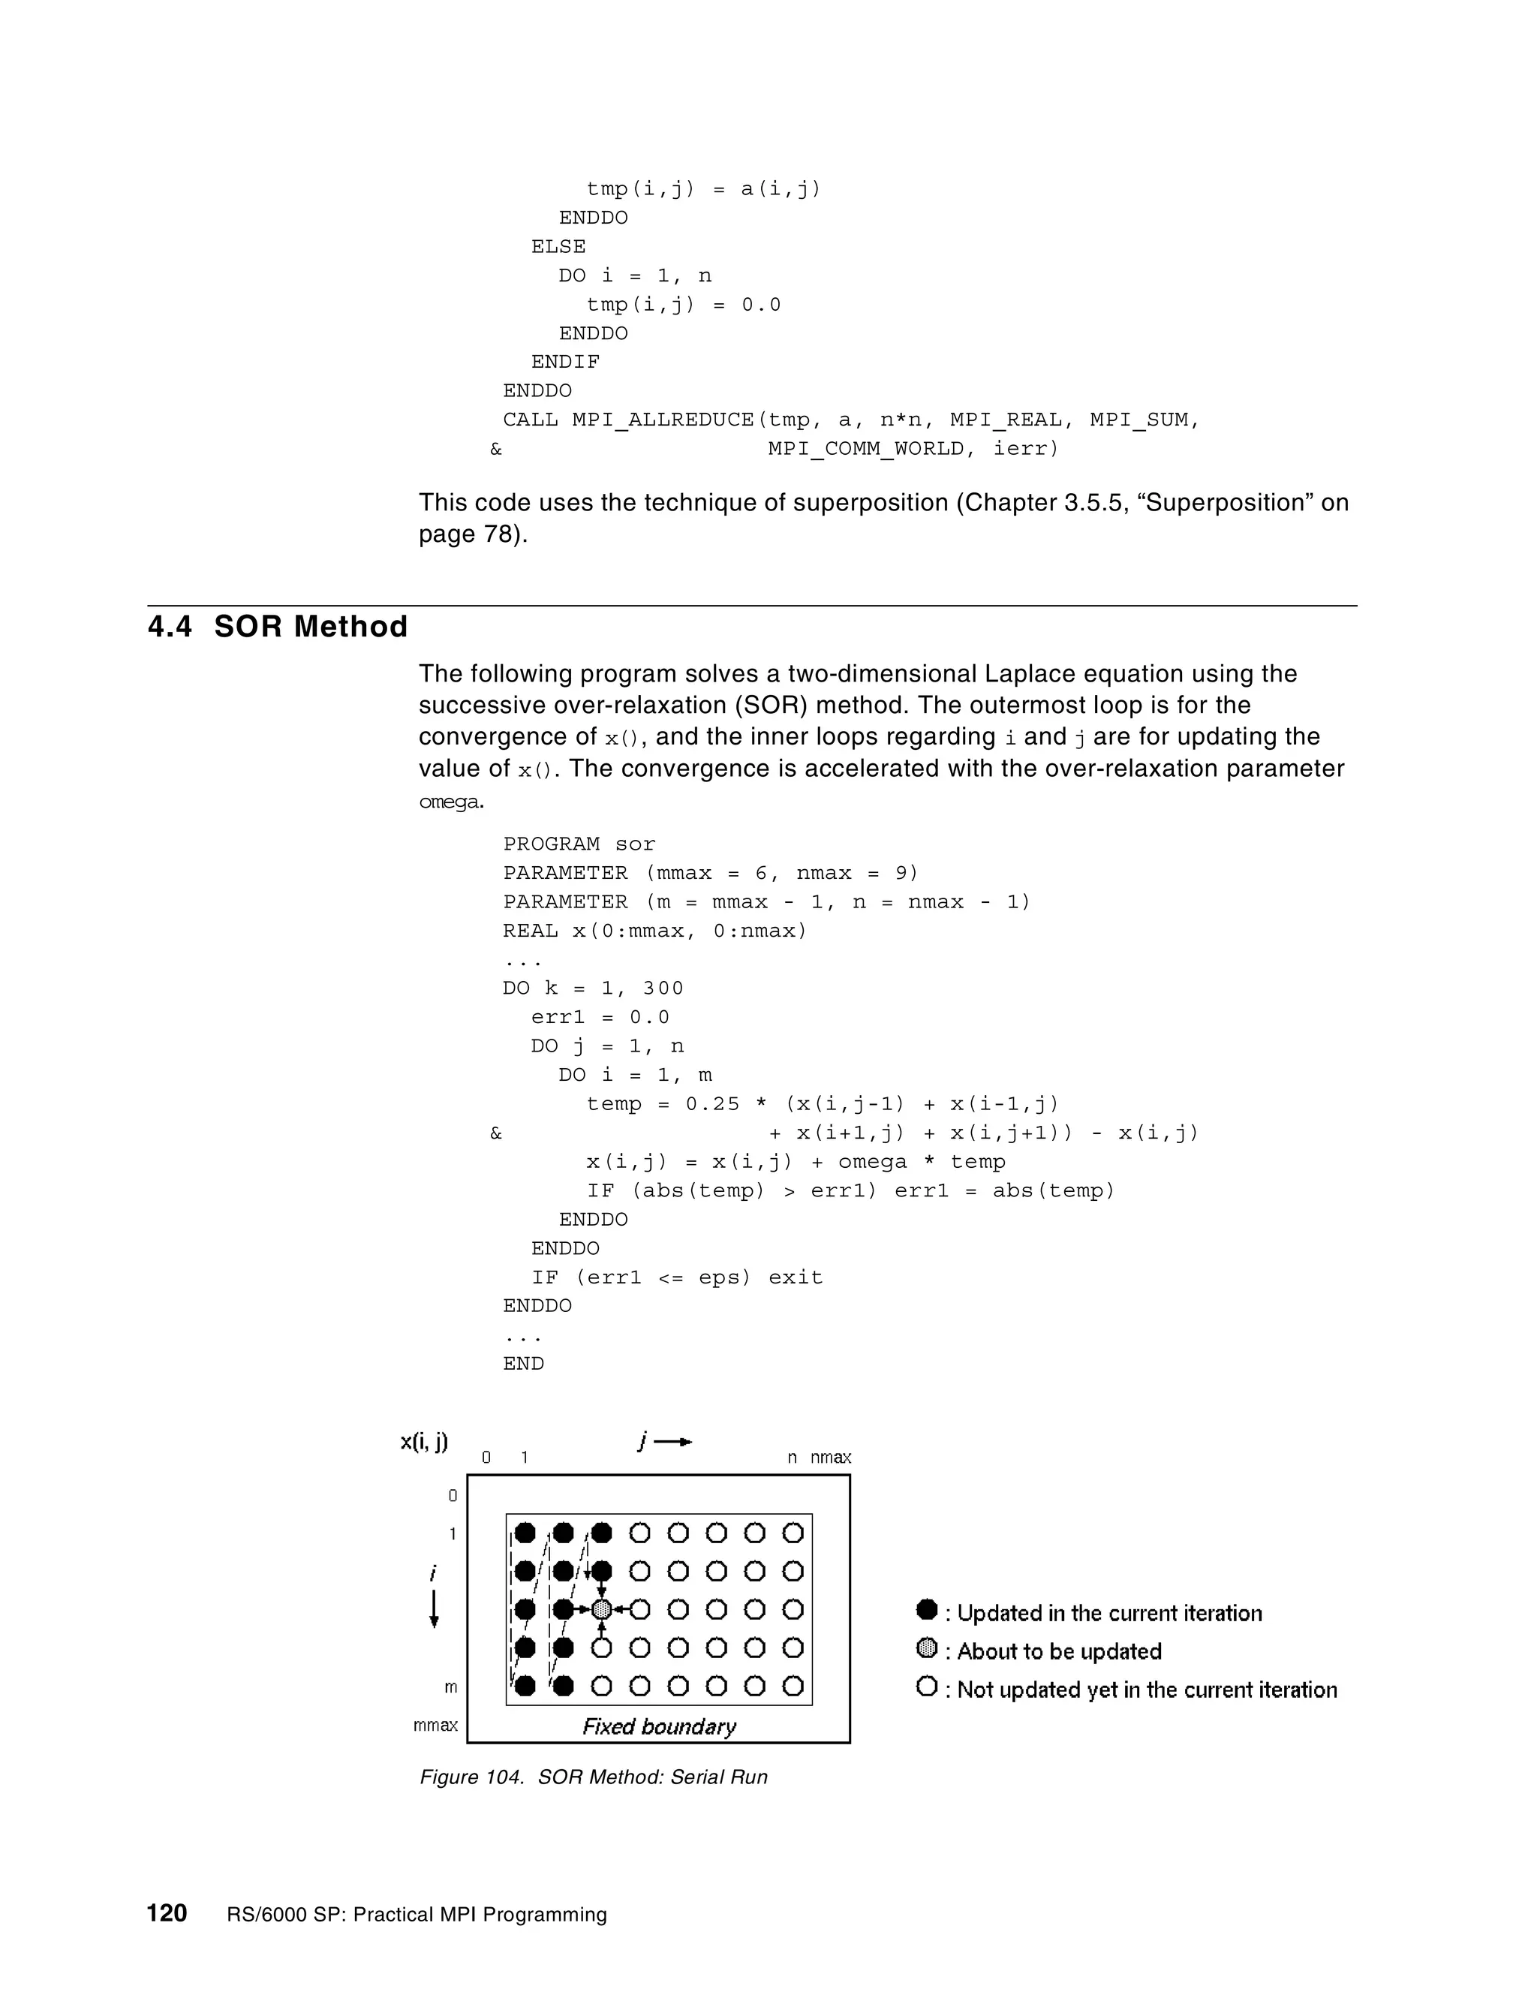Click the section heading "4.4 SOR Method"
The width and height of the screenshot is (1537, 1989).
click(278, 627)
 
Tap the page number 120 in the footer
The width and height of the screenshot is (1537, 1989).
click(167, 1912)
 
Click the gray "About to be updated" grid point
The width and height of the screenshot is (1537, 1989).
click(601, 1609)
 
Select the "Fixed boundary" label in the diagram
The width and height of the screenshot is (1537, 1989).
click(659, 1727)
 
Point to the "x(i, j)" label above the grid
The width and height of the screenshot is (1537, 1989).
click(424, 1442)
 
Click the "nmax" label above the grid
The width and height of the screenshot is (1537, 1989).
click(831, 1457)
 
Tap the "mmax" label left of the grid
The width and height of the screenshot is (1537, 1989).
click(435, 1725)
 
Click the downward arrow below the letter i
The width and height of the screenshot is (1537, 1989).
click(435, 1609)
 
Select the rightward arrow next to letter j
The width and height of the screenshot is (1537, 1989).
click(674, 1442)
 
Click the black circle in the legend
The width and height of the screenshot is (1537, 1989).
click(927, 1610)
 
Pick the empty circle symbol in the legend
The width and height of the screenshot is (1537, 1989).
click(927, 1687)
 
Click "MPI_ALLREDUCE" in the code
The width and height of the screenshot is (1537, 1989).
click(663, 420)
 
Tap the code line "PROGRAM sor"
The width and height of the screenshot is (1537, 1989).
click(579, 844)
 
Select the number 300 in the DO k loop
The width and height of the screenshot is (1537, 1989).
click(663, 988)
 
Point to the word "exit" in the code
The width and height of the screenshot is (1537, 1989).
click(795, 1277)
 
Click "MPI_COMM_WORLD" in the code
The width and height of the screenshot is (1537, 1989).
click(866, 449)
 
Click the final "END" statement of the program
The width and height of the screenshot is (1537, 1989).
click(524, 1363)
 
